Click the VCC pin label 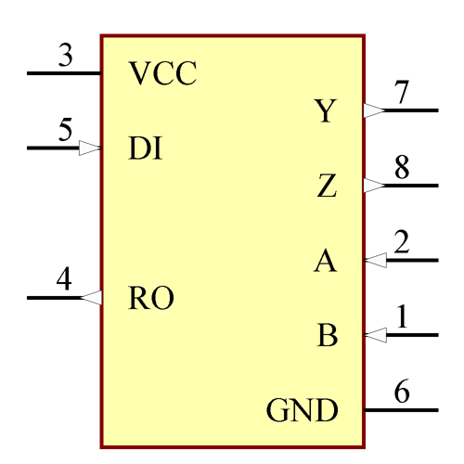point(162,73)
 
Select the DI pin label point(146,148)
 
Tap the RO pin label point(150,298)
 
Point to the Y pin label point(325,111)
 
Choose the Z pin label point(326,187)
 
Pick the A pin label point(325,262)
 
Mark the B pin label point(327,336)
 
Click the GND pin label point(302,409)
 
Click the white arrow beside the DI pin point(89,148)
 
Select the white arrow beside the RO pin point(92,298)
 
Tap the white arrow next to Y point(374,110)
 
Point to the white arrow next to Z point(374,186)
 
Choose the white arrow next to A point(376,261)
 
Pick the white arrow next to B point(376,335)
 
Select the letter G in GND point(278,409)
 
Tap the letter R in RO point(139,298)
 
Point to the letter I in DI point(157,148)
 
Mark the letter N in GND point(303,409)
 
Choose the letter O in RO point(162,298)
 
